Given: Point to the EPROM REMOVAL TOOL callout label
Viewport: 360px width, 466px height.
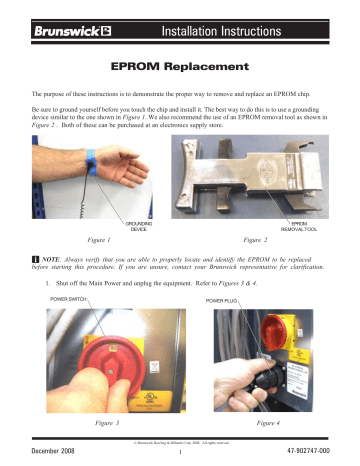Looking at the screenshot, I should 305,226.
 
